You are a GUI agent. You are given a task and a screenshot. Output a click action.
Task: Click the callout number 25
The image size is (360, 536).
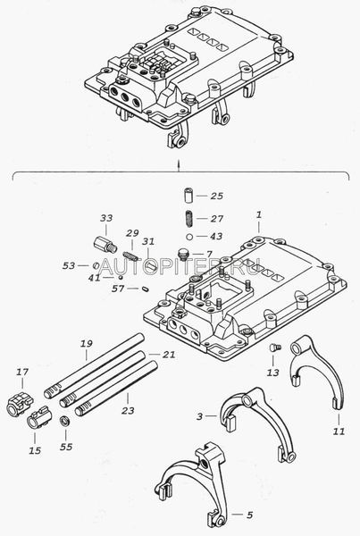(217, 196)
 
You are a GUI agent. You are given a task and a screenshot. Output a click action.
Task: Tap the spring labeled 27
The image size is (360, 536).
(188, 219)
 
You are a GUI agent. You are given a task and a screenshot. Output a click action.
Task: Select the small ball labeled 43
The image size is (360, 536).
(190, 236)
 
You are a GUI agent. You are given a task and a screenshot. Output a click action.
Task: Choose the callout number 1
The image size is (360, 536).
(259, 215)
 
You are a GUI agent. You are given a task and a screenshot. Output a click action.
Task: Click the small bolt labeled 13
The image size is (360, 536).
(275, 348)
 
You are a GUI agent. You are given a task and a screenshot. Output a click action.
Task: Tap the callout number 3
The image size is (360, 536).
(200, 416)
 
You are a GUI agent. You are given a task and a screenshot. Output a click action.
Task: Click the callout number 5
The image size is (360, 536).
(250, 515)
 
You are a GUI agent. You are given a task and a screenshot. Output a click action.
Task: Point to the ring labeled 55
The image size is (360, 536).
(64, 421)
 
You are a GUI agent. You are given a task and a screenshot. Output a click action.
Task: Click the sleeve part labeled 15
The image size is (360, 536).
(38, 417)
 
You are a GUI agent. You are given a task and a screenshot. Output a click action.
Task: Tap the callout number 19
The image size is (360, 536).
(87, 344)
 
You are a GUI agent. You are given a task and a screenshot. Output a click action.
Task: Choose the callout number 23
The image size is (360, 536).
(128, 410)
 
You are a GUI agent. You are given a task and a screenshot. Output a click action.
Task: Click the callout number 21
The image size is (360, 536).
(169, 355)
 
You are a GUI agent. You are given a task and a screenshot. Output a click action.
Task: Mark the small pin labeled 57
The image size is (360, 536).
(146, 289)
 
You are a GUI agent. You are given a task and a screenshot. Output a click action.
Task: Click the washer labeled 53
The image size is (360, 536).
(96, 265)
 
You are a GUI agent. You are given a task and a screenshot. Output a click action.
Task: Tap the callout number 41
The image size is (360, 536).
(95, 278)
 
